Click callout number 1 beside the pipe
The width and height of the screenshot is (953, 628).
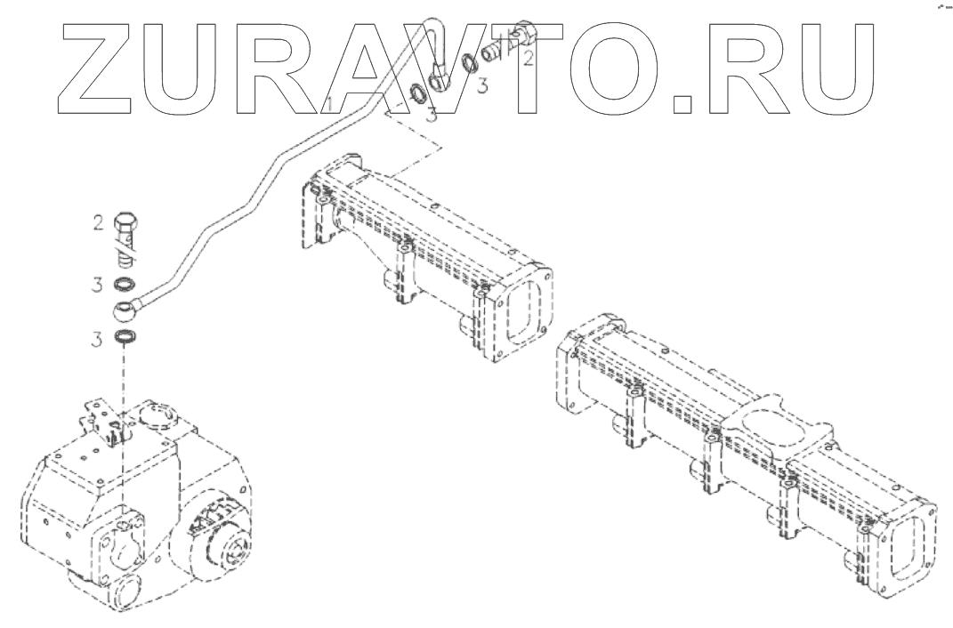(329, 104)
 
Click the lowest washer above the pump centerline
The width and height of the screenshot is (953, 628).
(126, 338)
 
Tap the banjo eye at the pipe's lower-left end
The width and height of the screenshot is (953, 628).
(125, 311)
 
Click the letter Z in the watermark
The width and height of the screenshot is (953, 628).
(100, 67)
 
